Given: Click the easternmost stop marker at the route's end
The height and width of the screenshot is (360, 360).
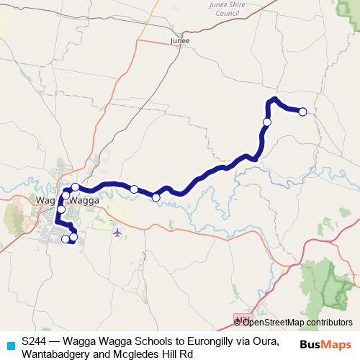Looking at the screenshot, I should (302, 112).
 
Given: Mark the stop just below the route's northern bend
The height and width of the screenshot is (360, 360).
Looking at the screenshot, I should (267, 122).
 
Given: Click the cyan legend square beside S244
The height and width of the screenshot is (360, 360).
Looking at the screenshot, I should (9, 345).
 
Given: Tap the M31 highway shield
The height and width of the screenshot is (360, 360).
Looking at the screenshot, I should (243, 318).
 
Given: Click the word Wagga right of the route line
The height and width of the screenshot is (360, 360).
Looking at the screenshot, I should (84, 199).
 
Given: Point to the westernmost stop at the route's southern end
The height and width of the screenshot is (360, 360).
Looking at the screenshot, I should (65, 239).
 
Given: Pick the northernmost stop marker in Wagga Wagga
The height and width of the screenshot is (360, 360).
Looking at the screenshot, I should (75, 187).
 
